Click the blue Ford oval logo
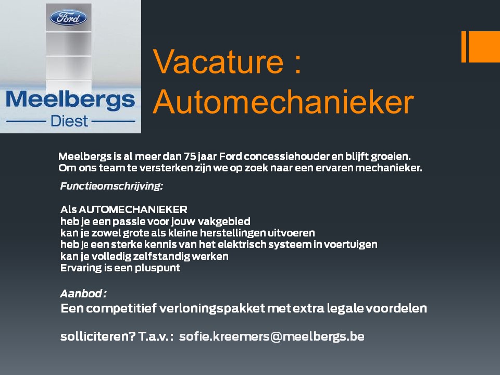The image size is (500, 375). pyautogui.click(x=68, y=18)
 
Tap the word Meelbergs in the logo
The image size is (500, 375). pyautogui.click(x=70, y=100)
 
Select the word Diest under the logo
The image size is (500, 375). pyautogui.click(x=69, y=121)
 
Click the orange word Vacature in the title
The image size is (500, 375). pyautogui.click(x=218, y=61)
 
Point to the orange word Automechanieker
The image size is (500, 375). pyautogui.click(x=283, y=102)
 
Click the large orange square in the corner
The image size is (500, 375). pyautogui.click(x=484, y=46)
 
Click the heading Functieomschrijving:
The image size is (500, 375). pyautogui.click(x=111, y=186)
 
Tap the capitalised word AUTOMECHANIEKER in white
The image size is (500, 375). pyautogui.click(x=133, y=209)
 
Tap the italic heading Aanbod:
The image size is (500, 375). pyautogui.click(x=83, y=293)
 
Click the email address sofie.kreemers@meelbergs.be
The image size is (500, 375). pyautogui.click(x=272, y=336)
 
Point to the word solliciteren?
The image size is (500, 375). pyautogui.click(x=98, y=336)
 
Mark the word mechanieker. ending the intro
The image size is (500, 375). pyautogui.click(x=389, y=168)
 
